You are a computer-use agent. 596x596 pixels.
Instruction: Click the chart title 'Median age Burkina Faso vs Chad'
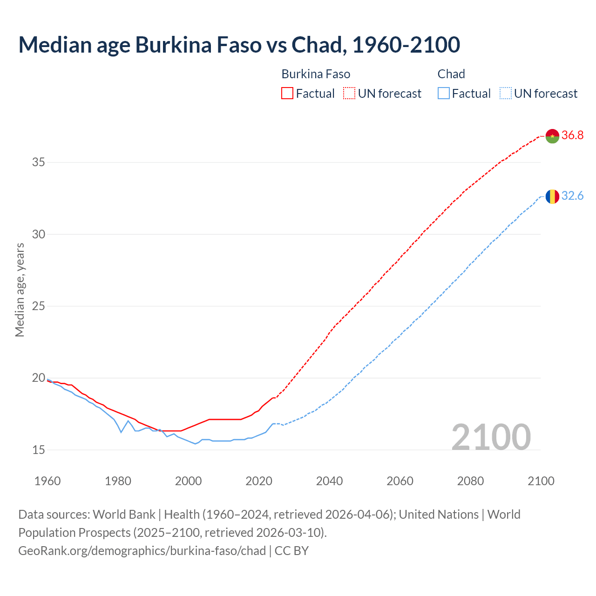239,45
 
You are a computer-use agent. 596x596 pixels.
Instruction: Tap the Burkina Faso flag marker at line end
552,136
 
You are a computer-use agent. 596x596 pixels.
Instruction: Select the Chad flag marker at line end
552,196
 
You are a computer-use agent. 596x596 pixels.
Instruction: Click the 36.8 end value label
572,135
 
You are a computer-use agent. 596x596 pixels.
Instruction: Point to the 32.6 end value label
572,196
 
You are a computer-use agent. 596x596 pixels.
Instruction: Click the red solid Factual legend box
287,93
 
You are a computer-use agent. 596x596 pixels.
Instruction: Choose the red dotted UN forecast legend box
349,93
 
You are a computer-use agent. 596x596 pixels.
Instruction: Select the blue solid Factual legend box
443,93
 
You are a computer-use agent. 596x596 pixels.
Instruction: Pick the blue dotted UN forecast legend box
505,93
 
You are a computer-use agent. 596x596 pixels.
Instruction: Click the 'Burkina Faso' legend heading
316,74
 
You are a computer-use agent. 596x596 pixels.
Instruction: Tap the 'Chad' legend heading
451,74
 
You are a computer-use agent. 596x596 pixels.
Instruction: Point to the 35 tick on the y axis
38,163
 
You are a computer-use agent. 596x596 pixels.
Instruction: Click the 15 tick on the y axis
38,450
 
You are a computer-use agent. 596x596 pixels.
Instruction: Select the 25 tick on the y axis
38,306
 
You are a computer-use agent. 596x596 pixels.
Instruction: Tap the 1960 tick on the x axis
47,481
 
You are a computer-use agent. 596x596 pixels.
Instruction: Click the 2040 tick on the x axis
329,481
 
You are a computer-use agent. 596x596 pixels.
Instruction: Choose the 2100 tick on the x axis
541,481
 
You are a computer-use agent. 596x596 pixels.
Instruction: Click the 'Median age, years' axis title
20,290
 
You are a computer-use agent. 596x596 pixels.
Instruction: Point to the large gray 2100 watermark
491,437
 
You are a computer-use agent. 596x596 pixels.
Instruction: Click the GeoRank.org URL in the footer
142,551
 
